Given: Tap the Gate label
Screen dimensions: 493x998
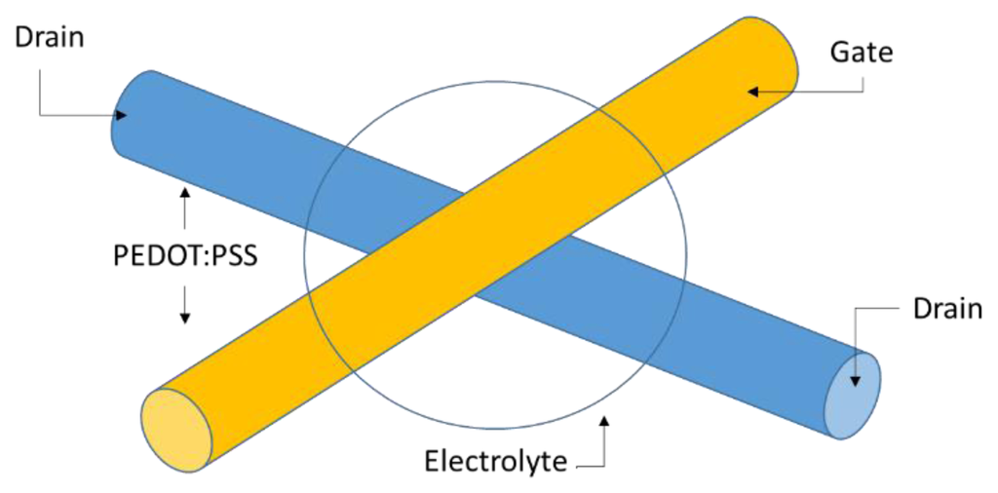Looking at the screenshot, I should click(861, 52).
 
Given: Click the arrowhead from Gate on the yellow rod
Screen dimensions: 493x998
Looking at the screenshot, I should click(753, 92).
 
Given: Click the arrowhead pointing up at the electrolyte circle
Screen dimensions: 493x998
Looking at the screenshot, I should click(605, 422).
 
